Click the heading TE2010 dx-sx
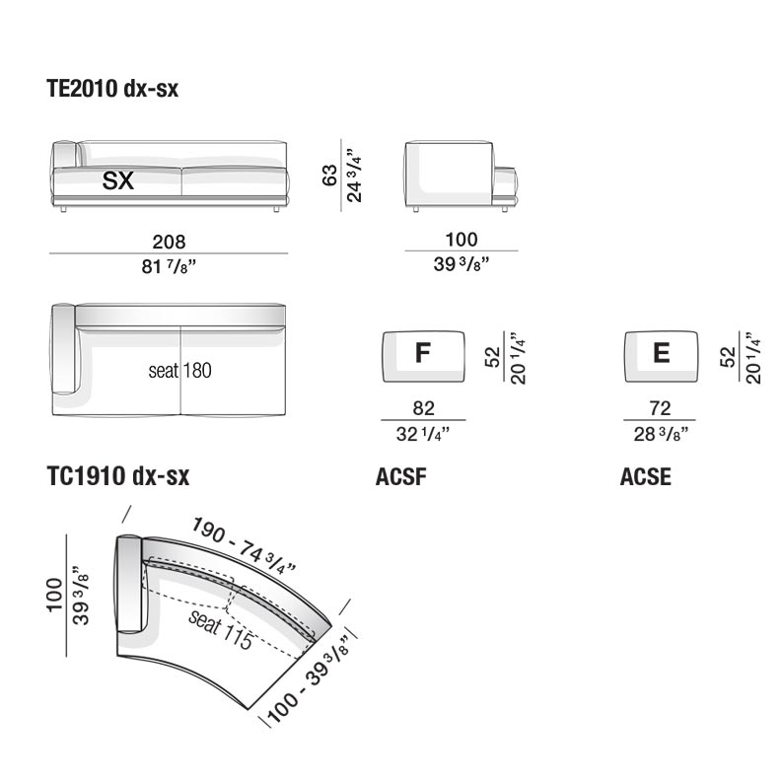[x=112, y=89]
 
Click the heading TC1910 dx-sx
[x=117, y=475]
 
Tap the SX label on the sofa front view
[x=118, y=180]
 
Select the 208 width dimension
[x=169, y=242]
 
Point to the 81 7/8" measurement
[x=169, y=266]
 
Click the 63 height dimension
[x=329, y=176]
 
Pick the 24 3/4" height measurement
[x=354, y=176]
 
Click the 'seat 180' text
[x=180, y=371]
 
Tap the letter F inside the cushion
[x=423, y=353]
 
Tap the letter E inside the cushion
[x=662, y=353]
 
